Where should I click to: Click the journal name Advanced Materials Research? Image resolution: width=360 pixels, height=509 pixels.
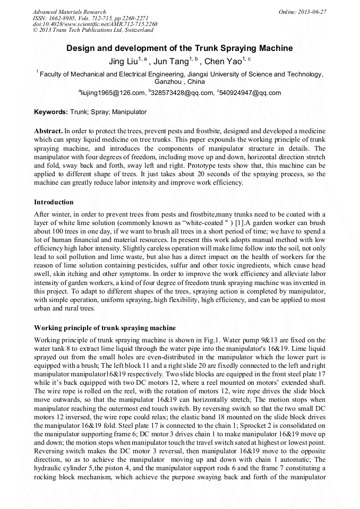click(x=70, y=12)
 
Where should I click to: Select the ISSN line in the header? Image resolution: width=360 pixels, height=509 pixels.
click(x=88, y=18)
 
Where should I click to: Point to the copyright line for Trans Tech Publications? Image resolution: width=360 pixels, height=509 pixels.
click(x=93, y=30)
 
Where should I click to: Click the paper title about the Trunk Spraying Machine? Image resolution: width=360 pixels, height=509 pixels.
click(x=179, y=48)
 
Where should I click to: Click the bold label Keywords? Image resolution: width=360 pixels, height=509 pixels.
click(x=51, y=113)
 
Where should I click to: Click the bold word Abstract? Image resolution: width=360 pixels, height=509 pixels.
click(x=48, y=131)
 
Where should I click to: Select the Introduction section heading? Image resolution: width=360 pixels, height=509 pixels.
click(x=54, y=202)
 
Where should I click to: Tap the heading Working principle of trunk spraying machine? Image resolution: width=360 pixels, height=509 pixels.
click(x=105, y=327)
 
